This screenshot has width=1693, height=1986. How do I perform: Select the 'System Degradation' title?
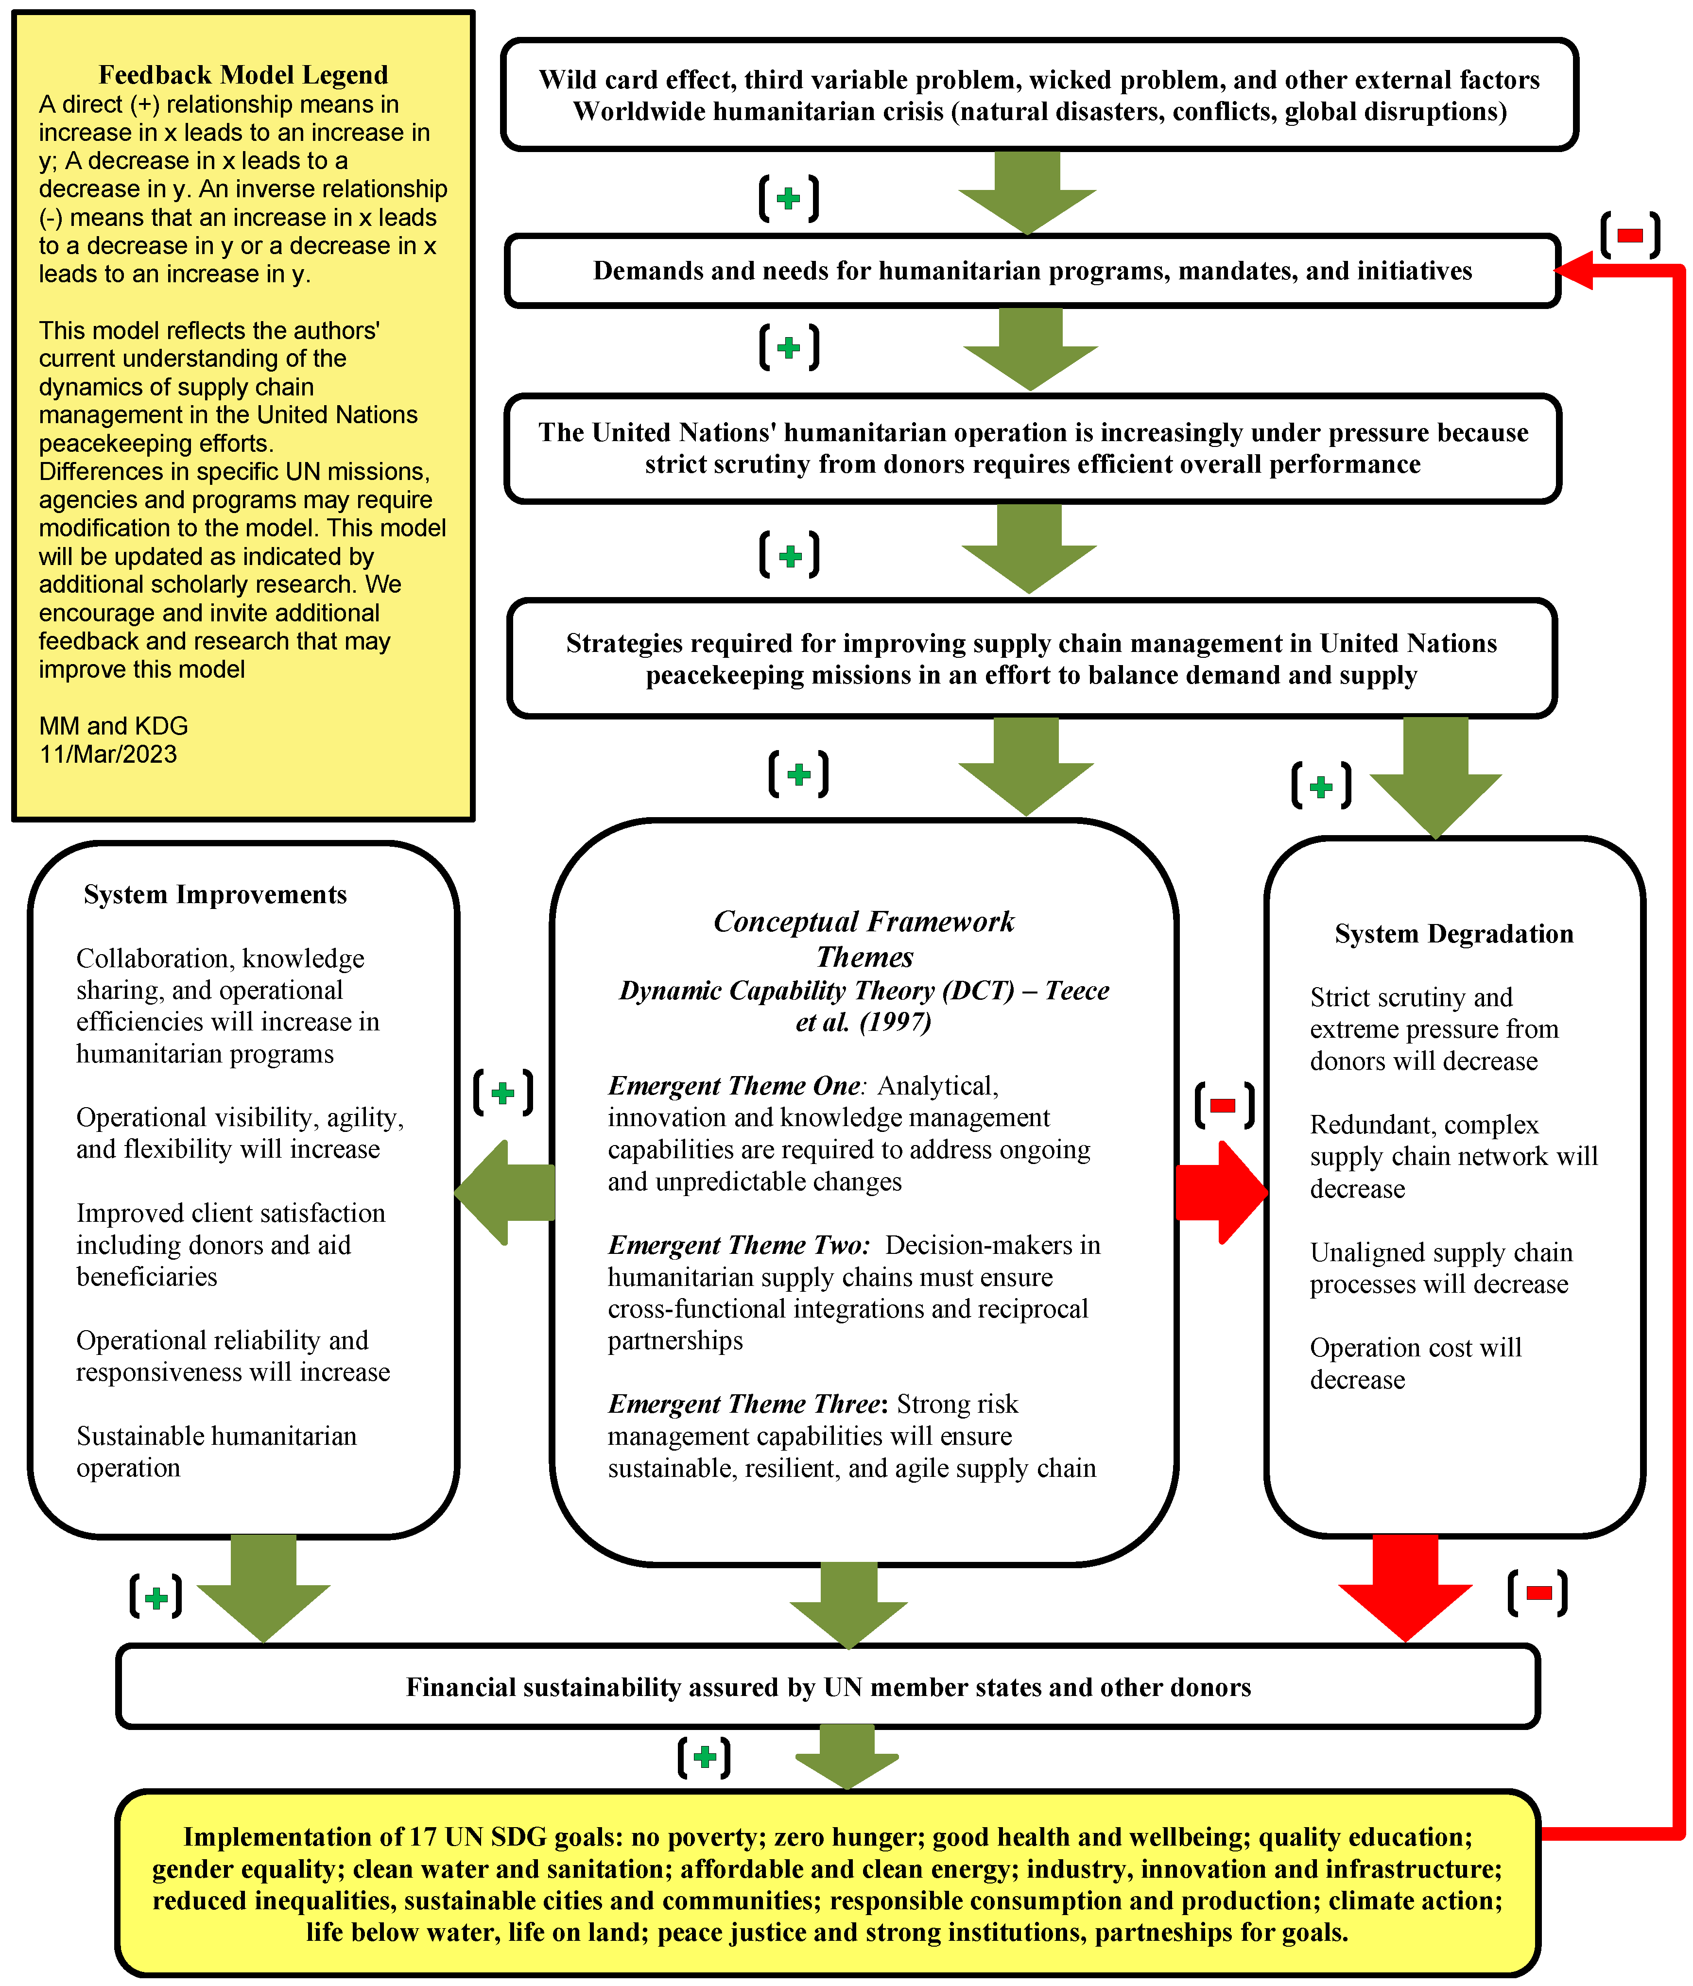pos(1453,934)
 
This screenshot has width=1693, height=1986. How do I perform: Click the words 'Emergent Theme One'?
pos(733,1086)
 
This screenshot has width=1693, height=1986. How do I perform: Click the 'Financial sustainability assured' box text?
pos(829,1687)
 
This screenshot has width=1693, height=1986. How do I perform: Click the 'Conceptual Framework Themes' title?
pos(864,939)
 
